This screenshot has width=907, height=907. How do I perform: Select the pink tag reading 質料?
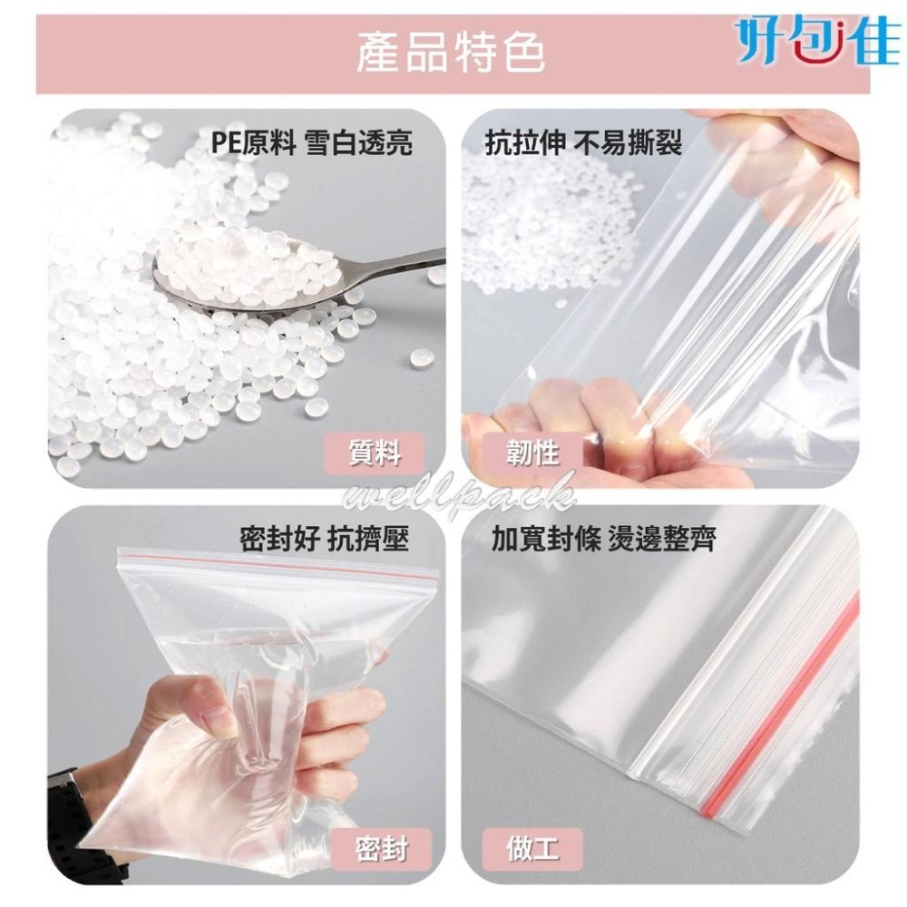click(x=375, y=451)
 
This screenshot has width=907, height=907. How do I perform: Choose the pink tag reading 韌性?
click(x=532, y=451)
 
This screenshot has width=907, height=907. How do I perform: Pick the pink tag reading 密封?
click(x=381, y=850)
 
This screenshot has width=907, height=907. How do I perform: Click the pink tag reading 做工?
click(x=532, y=850)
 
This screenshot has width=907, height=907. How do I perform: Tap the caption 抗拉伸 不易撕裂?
click(x=583, y=143)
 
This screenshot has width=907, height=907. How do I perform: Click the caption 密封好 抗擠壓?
click(x=324, y=540)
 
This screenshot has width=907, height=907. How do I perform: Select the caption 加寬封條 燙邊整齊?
click(x=603, y=541)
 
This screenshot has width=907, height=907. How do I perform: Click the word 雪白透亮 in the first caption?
click(x=358, y=143)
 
